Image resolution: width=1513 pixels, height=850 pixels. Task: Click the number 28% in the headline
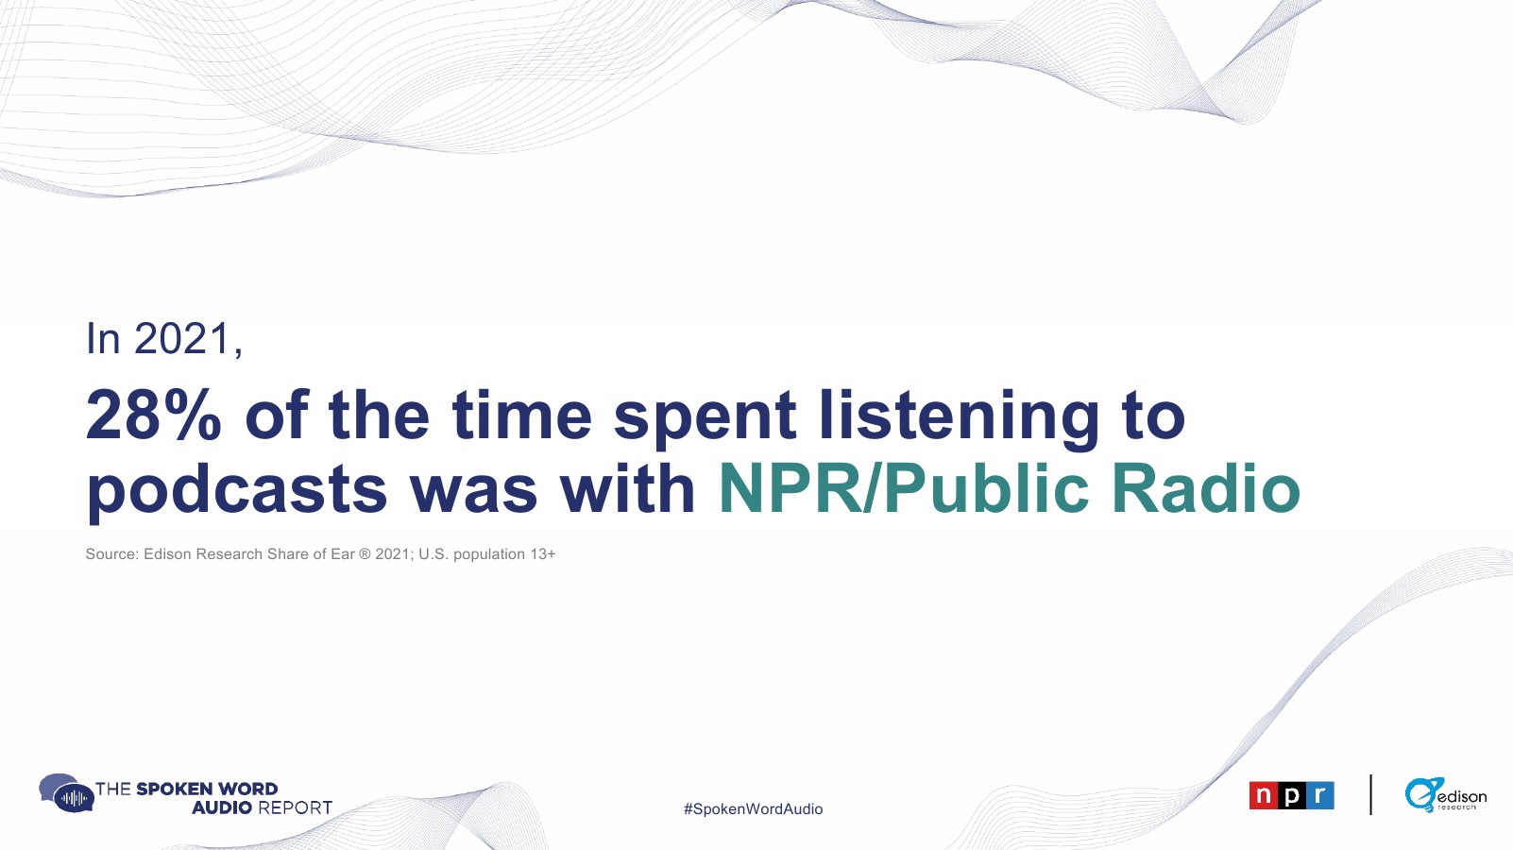[x=153, y=415]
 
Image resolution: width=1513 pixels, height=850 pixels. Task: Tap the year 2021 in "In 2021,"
[x=182, y=338]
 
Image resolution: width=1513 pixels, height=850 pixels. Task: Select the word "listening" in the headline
[x=959, y=419]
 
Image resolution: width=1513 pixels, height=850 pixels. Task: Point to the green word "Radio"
[x=1206, y=488]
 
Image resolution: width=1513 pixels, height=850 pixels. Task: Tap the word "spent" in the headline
[x=705, y=420]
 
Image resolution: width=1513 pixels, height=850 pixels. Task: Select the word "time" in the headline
[x=521, y=415]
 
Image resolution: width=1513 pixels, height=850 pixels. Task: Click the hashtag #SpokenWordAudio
[x=753, y=808]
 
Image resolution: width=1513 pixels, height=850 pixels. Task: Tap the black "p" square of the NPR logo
[x=1291, y=795]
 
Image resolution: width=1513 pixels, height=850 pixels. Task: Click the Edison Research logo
[x=1445, y=794]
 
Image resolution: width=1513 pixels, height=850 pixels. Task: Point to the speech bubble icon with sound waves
[x=66, y=793]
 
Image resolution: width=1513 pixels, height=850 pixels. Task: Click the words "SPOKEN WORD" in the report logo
[x=207, y=789]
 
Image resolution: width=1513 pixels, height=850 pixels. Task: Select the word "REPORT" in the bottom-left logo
[x=295, y=807]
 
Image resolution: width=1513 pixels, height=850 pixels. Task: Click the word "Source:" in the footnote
[x=112, y=554]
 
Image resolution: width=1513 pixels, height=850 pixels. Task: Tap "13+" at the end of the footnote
[x=542, y=554]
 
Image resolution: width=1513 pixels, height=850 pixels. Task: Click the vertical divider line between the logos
[x=1370, y=794]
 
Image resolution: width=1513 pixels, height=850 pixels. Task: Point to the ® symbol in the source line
[x=365, y=554]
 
